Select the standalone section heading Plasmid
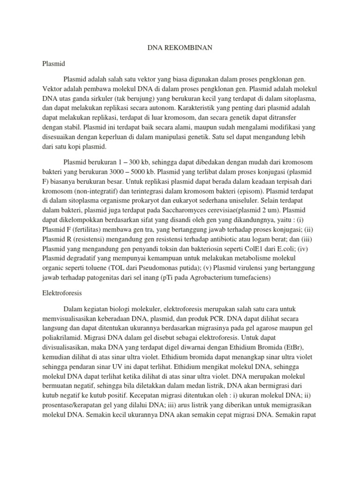(x=52, y=62)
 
